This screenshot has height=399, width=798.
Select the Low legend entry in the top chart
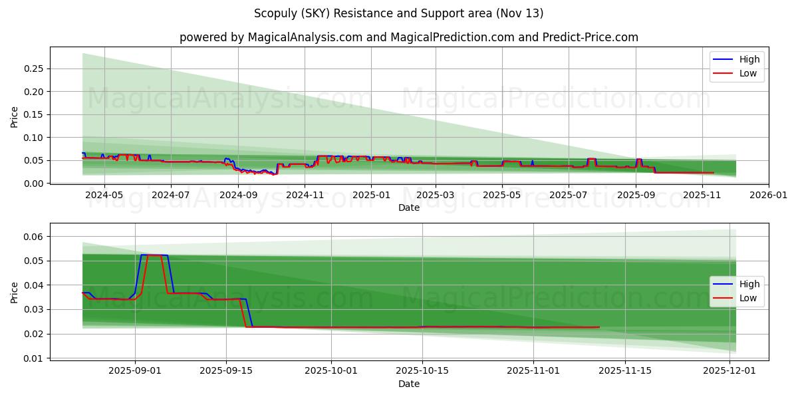pos(747,73)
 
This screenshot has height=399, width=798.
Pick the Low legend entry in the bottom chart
pos(747,298)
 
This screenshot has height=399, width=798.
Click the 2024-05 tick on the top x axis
pos(104,195)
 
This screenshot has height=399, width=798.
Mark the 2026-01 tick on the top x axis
pos(769,195)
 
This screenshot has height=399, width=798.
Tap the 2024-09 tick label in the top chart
pos(238,195)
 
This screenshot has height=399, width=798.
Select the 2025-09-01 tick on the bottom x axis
pos(136,371)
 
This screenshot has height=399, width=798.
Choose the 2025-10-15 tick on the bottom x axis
pos(422,371)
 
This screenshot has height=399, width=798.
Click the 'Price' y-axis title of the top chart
pos(15,116)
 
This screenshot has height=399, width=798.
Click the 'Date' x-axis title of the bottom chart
pos(408,384)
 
